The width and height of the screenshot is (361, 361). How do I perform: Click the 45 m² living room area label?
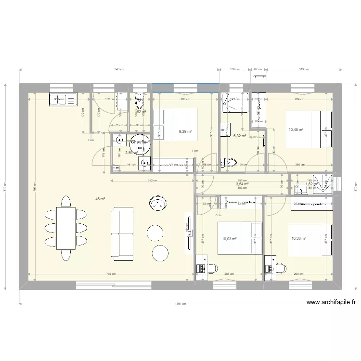(100, 198)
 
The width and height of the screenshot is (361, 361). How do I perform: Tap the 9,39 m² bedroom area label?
(185, 131)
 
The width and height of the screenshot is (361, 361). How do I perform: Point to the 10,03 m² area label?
(229, 238)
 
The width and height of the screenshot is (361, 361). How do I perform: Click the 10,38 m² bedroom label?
(299, 238)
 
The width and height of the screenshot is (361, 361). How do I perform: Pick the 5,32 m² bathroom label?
(239, 136)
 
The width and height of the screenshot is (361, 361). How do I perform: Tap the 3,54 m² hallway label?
(242, 183)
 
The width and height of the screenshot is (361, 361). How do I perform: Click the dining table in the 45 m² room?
(66, 228)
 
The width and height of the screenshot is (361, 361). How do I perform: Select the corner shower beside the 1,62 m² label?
(322, 184)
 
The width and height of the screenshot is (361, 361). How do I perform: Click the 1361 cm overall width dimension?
(180, 304)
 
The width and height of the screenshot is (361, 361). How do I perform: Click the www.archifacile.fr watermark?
(331, 303)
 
